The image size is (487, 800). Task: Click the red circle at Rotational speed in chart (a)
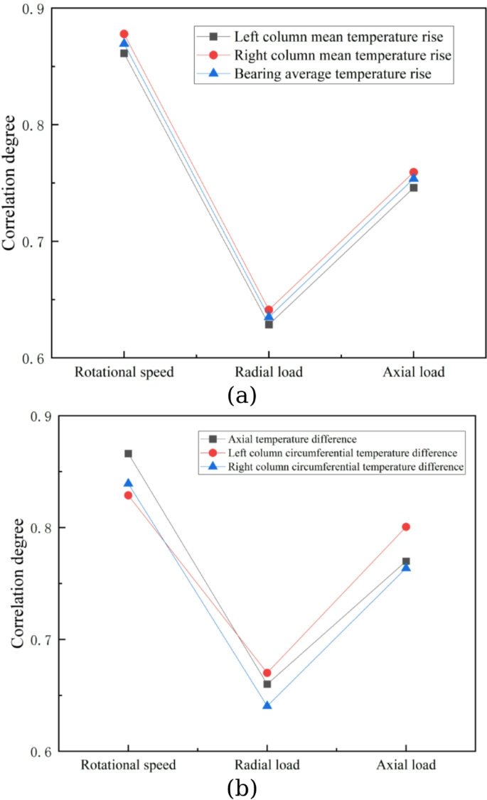coord(124,34)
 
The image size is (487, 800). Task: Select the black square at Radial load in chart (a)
coord(269,325)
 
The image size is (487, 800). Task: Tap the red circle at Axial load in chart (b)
coord(406,526)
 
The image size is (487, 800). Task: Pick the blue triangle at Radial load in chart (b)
coord(267,705)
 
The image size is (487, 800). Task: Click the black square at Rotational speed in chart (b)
coord(128,453)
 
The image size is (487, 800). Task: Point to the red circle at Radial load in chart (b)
coord(267,673)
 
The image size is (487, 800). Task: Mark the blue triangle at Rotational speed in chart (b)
coord(128,483)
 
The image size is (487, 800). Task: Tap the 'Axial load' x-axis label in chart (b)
coord(406,766)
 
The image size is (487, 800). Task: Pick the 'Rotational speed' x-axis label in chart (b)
coord(128,766)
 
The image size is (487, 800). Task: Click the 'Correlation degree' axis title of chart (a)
coord(10,183)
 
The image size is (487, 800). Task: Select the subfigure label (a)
coord(242,395)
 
